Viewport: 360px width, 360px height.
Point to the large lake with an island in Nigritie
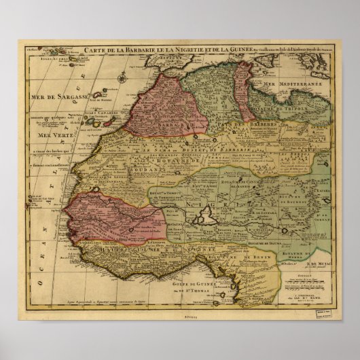(x=204, y=217)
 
